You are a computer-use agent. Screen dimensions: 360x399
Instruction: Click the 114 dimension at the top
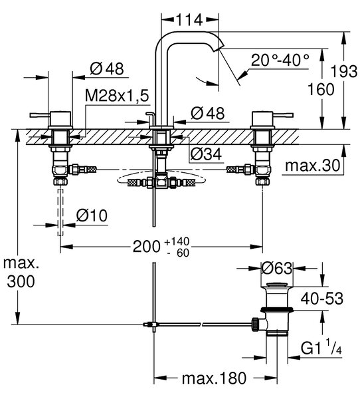tap(189, 20)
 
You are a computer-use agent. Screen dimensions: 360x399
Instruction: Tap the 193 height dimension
tap(344, 72)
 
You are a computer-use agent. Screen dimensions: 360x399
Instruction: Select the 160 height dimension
tap(321, 89)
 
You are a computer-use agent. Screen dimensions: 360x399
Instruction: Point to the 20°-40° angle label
tap(280, 61)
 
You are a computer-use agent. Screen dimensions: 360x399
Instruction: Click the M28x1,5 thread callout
tap(117, 96)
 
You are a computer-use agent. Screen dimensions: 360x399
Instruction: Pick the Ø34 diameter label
tap(206, 154)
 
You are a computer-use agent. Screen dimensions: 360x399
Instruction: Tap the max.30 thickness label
tap(312, 166)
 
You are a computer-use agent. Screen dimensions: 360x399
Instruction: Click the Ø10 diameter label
tap(92, 216)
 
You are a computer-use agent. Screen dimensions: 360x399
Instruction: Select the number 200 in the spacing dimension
tap(146, 247)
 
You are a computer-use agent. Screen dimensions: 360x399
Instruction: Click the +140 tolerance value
tap(177, 241)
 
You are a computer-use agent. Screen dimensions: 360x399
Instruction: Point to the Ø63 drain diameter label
tap(277, 268)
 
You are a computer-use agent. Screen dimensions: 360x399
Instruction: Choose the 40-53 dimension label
tap(322, 298)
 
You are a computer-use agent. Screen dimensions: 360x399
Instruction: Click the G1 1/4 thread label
tap(321, 348)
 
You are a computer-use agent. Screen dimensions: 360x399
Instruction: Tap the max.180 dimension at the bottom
tap(214, 378)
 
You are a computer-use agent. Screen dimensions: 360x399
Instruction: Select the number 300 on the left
tap(21, 281)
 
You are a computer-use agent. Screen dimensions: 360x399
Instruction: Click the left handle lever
tap(40, 115)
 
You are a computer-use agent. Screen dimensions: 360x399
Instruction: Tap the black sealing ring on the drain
tap(277, 309)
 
